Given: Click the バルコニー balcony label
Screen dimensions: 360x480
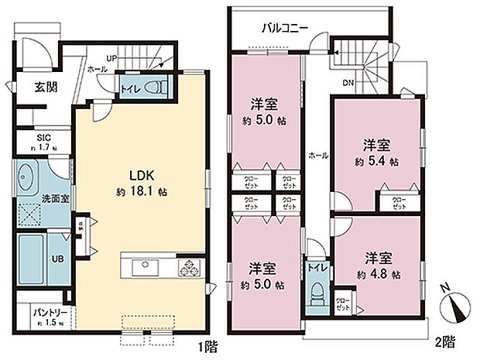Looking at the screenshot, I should [285, 29].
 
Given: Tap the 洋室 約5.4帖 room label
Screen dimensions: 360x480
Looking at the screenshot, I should [377, 153].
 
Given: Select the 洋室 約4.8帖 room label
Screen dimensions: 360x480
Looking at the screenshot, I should [377, 264].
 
